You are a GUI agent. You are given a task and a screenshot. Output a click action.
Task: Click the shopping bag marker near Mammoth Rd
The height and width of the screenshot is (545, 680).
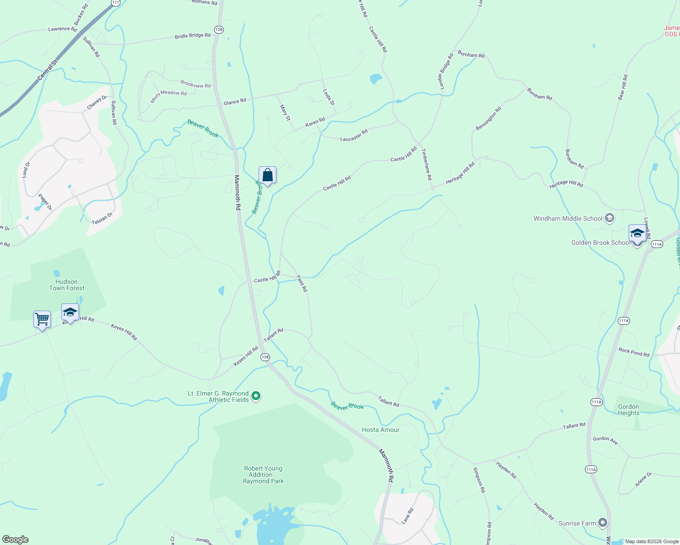click(x=268, y=175)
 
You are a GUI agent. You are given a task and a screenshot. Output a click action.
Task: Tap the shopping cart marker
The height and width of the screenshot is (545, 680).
click(x=42, y=319)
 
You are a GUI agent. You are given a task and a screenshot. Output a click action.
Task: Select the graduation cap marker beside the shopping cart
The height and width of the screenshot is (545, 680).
click(x=70, y=312)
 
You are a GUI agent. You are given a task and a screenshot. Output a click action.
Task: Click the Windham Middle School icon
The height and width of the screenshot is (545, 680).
click(x=610, y=218)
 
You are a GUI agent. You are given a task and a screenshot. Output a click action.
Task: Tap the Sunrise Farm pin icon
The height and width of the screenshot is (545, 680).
click(x=603, y=523)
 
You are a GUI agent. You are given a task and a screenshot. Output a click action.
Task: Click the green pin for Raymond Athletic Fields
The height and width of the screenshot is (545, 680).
click(x=256, y=396)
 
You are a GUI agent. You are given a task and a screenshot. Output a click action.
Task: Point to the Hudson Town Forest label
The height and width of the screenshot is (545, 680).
click(x=67, y=285)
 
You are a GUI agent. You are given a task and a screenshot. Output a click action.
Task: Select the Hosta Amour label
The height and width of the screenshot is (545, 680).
click(x=380, y=430)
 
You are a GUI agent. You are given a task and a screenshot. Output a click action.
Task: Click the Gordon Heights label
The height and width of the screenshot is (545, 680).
click(x=629, y=410)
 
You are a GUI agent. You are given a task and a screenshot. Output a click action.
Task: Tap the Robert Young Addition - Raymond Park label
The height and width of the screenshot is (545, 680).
click(x=263, y=475)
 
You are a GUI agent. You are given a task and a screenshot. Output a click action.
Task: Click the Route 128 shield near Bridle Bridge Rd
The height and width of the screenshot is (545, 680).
click(x=219, y=30)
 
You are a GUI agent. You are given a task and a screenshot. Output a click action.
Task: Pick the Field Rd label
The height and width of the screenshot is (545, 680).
click(x=302, y=283)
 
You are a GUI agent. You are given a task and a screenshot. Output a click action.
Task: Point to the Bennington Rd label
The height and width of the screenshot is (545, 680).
click(x=488, y=119)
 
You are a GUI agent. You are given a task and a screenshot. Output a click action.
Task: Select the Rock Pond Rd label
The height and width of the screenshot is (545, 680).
click(x=634, y=352)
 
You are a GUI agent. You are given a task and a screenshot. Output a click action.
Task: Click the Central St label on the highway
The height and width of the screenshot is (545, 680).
click(x=47, y=70)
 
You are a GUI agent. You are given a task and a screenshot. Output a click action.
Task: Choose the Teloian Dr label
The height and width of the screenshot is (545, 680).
click(x=102, y=218)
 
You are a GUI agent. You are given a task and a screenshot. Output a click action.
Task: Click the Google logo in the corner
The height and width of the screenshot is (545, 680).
click(x=15, y=539)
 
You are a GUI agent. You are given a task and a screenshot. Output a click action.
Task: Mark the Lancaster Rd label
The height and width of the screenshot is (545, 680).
click(x=354, y=135)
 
